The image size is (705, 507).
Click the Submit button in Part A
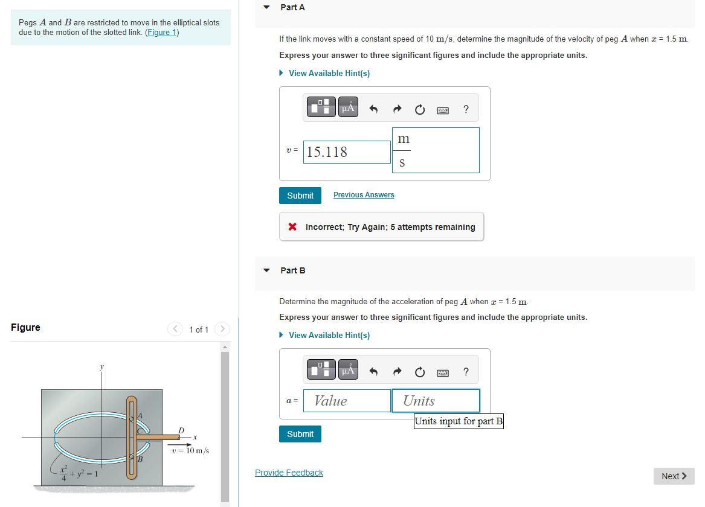coord(300,196)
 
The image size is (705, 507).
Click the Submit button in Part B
coord(300,434)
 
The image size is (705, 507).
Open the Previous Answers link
coord(364,195)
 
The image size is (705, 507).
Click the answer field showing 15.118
coord(347,152)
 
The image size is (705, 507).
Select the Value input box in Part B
coord(347,401)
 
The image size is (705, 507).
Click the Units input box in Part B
coord(435,401)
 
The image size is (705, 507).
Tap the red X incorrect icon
coord(292,227)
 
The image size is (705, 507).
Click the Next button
coord(674,476)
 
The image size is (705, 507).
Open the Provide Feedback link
coord(289,473)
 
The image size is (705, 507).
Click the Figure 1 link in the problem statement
coord(162,32)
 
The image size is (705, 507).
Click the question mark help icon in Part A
coord(465,109)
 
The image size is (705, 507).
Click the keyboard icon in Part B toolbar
coord(443,372)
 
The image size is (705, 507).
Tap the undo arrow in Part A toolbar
coord(373,109)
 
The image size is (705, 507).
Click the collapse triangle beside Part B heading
coord(266,270)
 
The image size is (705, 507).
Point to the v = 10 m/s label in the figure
coord(190,451)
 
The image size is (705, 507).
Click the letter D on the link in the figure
coord(181,430)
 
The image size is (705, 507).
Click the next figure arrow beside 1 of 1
coord(222,329)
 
